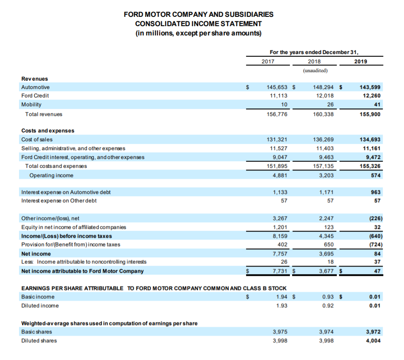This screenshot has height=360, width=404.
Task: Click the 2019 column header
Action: point(361,61)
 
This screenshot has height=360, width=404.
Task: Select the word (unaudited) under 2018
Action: point(315,70)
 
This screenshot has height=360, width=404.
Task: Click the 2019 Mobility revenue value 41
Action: point(377,105)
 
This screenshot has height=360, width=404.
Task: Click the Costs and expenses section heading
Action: point(48,131)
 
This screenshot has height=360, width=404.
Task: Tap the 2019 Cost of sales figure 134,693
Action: point(370,139)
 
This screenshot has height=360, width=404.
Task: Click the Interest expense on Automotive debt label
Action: point(66,192)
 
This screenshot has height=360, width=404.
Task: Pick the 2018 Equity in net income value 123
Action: point(329,227)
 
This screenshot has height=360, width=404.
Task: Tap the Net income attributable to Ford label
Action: point(83,271)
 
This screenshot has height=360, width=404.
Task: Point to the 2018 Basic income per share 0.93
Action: point(328,297)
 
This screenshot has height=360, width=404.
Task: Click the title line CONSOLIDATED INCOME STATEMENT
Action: point(198,24)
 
